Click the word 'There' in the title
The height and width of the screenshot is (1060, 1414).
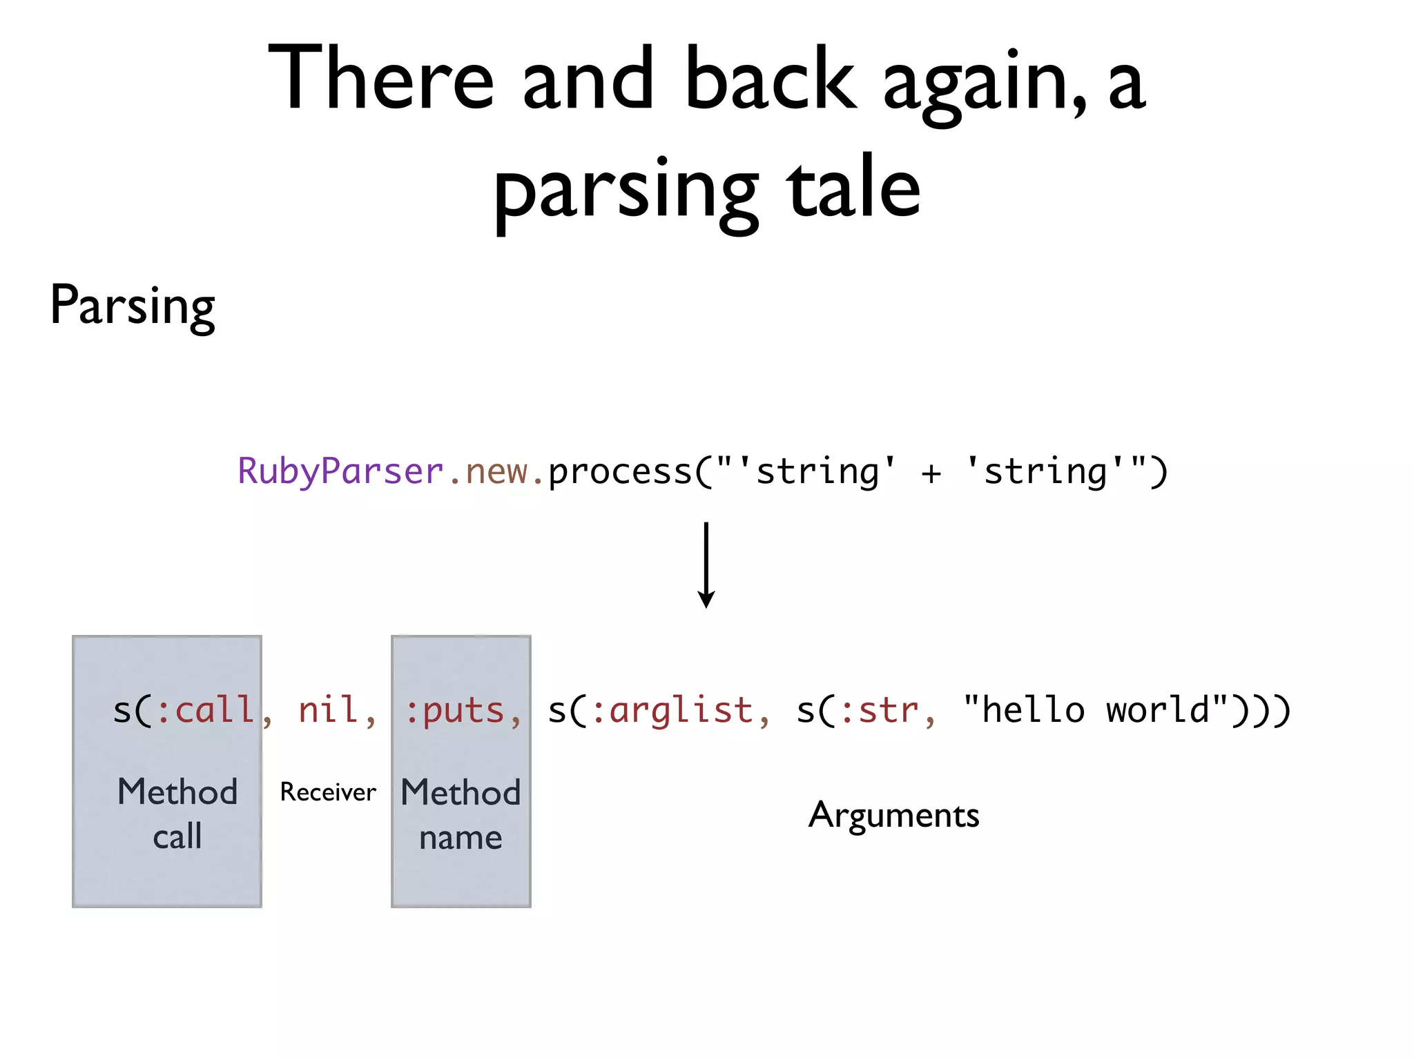[x=380, y=77]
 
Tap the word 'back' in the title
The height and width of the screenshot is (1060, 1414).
[x=771, y=77]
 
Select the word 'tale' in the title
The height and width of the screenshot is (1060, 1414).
[x=853, y=186]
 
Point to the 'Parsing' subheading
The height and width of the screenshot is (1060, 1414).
[x=133, y=306]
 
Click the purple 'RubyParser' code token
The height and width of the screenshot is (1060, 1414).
[x=340, y=472]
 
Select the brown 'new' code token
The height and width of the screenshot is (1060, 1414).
[x=496, y=472]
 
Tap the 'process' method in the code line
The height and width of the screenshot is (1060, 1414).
[x=620, y=472]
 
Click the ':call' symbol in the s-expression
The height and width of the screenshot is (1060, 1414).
[x=205, y=711]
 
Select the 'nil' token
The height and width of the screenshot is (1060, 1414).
[x=329, y=711]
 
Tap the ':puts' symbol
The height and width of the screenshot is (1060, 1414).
[x=455, y=711]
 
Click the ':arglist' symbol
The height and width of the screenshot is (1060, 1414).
[x=672, y=711]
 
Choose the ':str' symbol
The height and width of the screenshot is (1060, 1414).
[x=880, y=711]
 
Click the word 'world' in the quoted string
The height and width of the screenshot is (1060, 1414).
[x=1157, y=711]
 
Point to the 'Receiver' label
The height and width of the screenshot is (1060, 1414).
[x=328, y=792]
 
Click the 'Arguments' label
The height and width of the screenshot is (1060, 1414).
[x=893, y=816]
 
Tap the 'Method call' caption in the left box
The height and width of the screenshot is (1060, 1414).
[x=177, y=814]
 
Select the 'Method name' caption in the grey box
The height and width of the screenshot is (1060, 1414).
[x=461, y=814]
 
